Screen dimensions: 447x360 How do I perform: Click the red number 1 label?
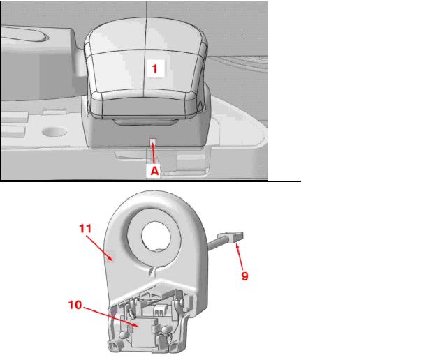point(155,68)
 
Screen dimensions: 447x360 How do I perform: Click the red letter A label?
point(154,171)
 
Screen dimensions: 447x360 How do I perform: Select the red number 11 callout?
point(85,228)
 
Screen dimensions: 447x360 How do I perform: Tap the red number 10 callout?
point(75,305)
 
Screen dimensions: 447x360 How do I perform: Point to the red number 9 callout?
point(244,276)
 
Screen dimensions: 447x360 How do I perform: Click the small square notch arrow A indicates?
point(153,141)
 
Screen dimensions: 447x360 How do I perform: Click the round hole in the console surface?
point(54,132)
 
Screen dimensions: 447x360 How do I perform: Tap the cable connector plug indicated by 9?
point(230,237)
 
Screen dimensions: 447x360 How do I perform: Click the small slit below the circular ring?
point(153,272)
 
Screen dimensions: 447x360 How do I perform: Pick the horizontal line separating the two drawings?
point(151,181)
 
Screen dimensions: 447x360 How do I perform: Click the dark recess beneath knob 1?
point(146,122)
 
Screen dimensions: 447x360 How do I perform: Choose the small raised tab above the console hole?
point(54,112)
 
